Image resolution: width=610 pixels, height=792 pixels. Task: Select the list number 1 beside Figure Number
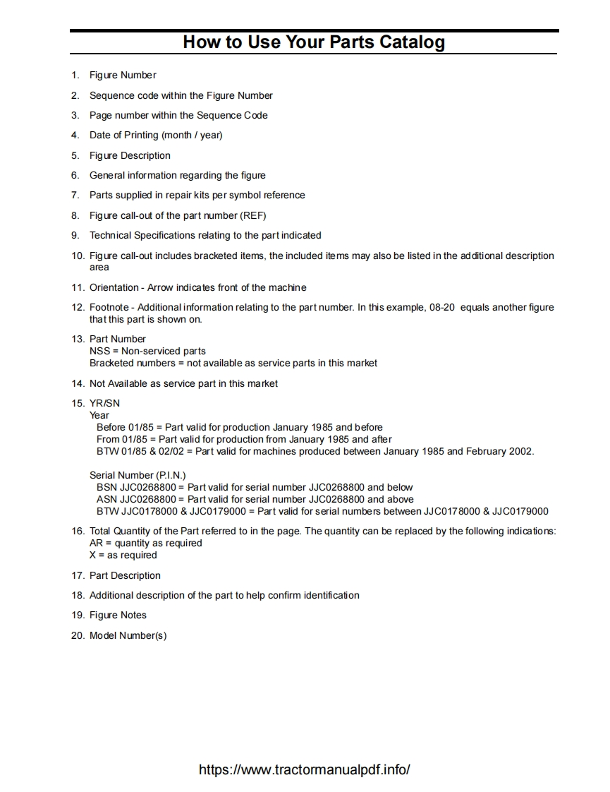pyautogui.click(x=75, y=76)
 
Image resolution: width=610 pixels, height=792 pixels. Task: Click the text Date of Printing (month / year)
pyautogui.click(x=156, y=136)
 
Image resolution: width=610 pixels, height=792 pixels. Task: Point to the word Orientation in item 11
pyautogui.click(x=114, y=287)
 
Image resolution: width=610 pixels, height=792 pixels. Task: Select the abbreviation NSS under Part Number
pyautogui.click(x=99, y=351)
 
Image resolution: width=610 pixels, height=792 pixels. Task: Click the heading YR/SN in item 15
pyautogui.click(x=104, y=403)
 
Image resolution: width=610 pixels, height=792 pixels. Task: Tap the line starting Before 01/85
pyautogui.click(x=240, y=427)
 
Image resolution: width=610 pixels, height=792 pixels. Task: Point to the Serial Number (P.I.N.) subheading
pyautogui.click(x=138, y=475)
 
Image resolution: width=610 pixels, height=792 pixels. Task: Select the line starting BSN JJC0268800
pyautogui.click(x=255, y=487)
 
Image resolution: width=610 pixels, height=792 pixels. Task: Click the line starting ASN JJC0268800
pyautogui.click(x=255, y=499)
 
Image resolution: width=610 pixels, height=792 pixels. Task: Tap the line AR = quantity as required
pyautogui.click(x=146, y=543)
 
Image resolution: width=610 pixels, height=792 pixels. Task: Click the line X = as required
pyautogui.click(x=123, y=555)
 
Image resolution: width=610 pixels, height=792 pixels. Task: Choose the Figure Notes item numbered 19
pyautogui.click(x=118, y=615)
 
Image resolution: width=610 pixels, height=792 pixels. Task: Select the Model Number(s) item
pyautogui.click(x=128, y=635)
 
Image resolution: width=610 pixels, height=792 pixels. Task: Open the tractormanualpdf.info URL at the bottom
pyautogui.click(x=305, y=769)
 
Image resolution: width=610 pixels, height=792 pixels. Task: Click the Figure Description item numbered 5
pyautogui.click(x=130, y=155)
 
